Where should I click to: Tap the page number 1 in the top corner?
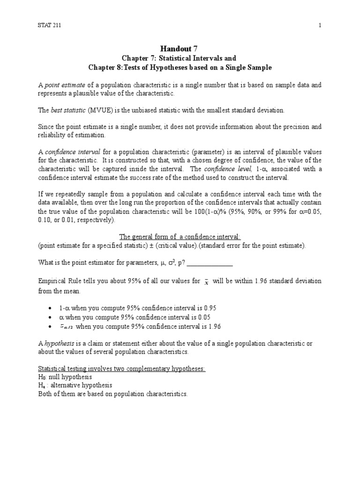tap(320, 25)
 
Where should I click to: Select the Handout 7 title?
tap(180, 48)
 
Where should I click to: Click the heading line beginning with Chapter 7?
tap(180, 58)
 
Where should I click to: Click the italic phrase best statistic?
tap(66, 110)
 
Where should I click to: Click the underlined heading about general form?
tap(180, 237)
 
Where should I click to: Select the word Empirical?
tap(52, 281)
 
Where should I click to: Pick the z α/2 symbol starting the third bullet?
tap(66, 326)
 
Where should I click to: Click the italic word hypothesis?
tap(58, 343)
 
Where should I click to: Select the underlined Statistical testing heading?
tap(121, 368)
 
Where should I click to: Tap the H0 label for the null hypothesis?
tap(41, 377)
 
